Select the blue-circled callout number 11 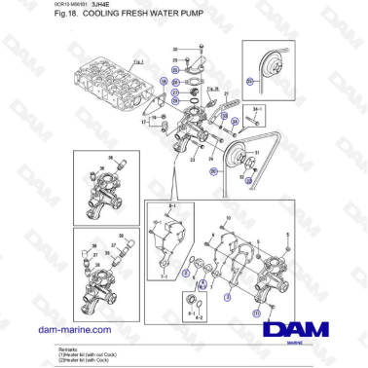coord(256,313)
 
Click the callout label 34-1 coord(257,109)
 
